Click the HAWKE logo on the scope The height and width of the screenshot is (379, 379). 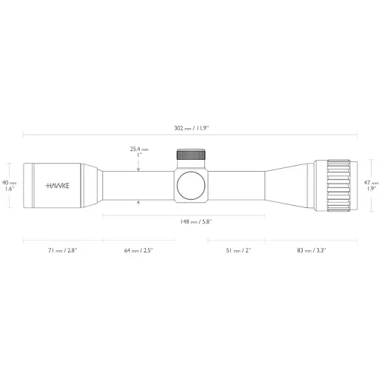[58, 186]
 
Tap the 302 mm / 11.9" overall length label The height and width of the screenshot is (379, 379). [192, 128]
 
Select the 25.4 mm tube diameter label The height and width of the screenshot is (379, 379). [139, 152]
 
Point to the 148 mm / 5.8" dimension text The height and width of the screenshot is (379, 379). [196, 221]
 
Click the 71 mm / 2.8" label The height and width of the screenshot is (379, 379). [63, 250]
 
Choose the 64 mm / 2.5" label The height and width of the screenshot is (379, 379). [138, 250]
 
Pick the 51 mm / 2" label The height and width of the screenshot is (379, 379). [238, 250]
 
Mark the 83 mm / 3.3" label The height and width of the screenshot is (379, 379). [312, 250]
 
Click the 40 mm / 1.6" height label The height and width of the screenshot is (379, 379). [10, 186]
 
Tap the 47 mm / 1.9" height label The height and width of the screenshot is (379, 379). [371, 186]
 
